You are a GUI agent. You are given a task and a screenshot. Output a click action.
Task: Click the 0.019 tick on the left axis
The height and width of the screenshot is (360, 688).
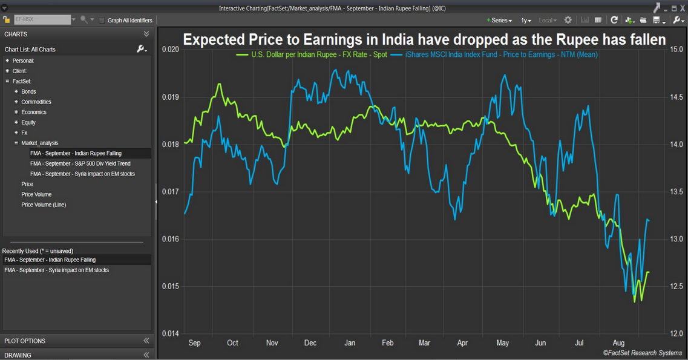tap(171, 97)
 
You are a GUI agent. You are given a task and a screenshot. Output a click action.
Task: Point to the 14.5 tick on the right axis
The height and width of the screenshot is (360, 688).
tap(676, 97)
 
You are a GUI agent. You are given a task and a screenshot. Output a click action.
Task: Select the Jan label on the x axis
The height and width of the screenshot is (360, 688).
tap(349, 343)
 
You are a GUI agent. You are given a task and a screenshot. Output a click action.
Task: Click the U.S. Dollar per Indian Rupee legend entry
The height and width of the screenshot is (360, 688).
tap(311, 55)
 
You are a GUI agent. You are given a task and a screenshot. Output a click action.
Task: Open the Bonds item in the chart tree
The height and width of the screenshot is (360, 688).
tap(28, 92)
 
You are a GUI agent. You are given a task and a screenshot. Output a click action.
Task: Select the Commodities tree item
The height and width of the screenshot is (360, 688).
tap(36, 102)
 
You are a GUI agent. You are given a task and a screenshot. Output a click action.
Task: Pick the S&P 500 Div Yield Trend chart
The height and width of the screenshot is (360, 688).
tap(80, 164)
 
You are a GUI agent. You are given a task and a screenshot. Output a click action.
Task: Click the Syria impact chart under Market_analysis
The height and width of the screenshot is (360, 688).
tap(82, 174)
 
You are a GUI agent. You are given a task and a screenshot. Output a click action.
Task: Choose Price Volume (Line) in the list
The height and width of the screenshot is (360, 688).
tap(44, 205)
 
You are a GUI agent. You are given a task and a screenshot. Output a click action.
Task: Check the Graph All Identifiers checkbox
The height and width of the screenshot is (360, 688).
tap(102, 20)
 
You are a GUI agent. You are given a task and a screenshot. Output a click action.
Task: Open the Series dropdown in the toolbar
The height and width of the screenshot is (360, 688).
tap(500, 20)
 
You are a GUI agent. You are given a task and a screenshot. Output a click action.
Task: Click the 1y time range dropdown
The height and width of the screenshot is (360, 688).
tap(526, 20)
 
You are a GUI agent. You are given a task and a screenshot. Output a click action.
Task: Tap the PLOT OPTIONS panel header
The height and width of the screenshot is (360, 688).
tap(24, 341)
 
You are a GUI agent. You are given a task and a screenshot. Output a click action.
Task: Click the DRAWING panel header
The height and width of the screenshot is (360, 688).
tap(18, 355)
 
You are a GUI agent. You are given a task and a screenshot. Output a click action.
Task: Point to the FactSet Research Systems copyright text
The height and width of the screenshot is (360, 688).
tap(641, 353)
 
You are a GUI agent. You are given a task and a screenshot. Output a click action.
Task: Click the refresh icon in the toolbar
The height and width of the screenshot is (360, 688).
tap(614, 20)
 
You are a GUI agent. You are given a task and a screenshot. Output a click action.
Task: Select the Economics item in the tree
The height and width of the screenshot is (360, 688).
tap(34, 113)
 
